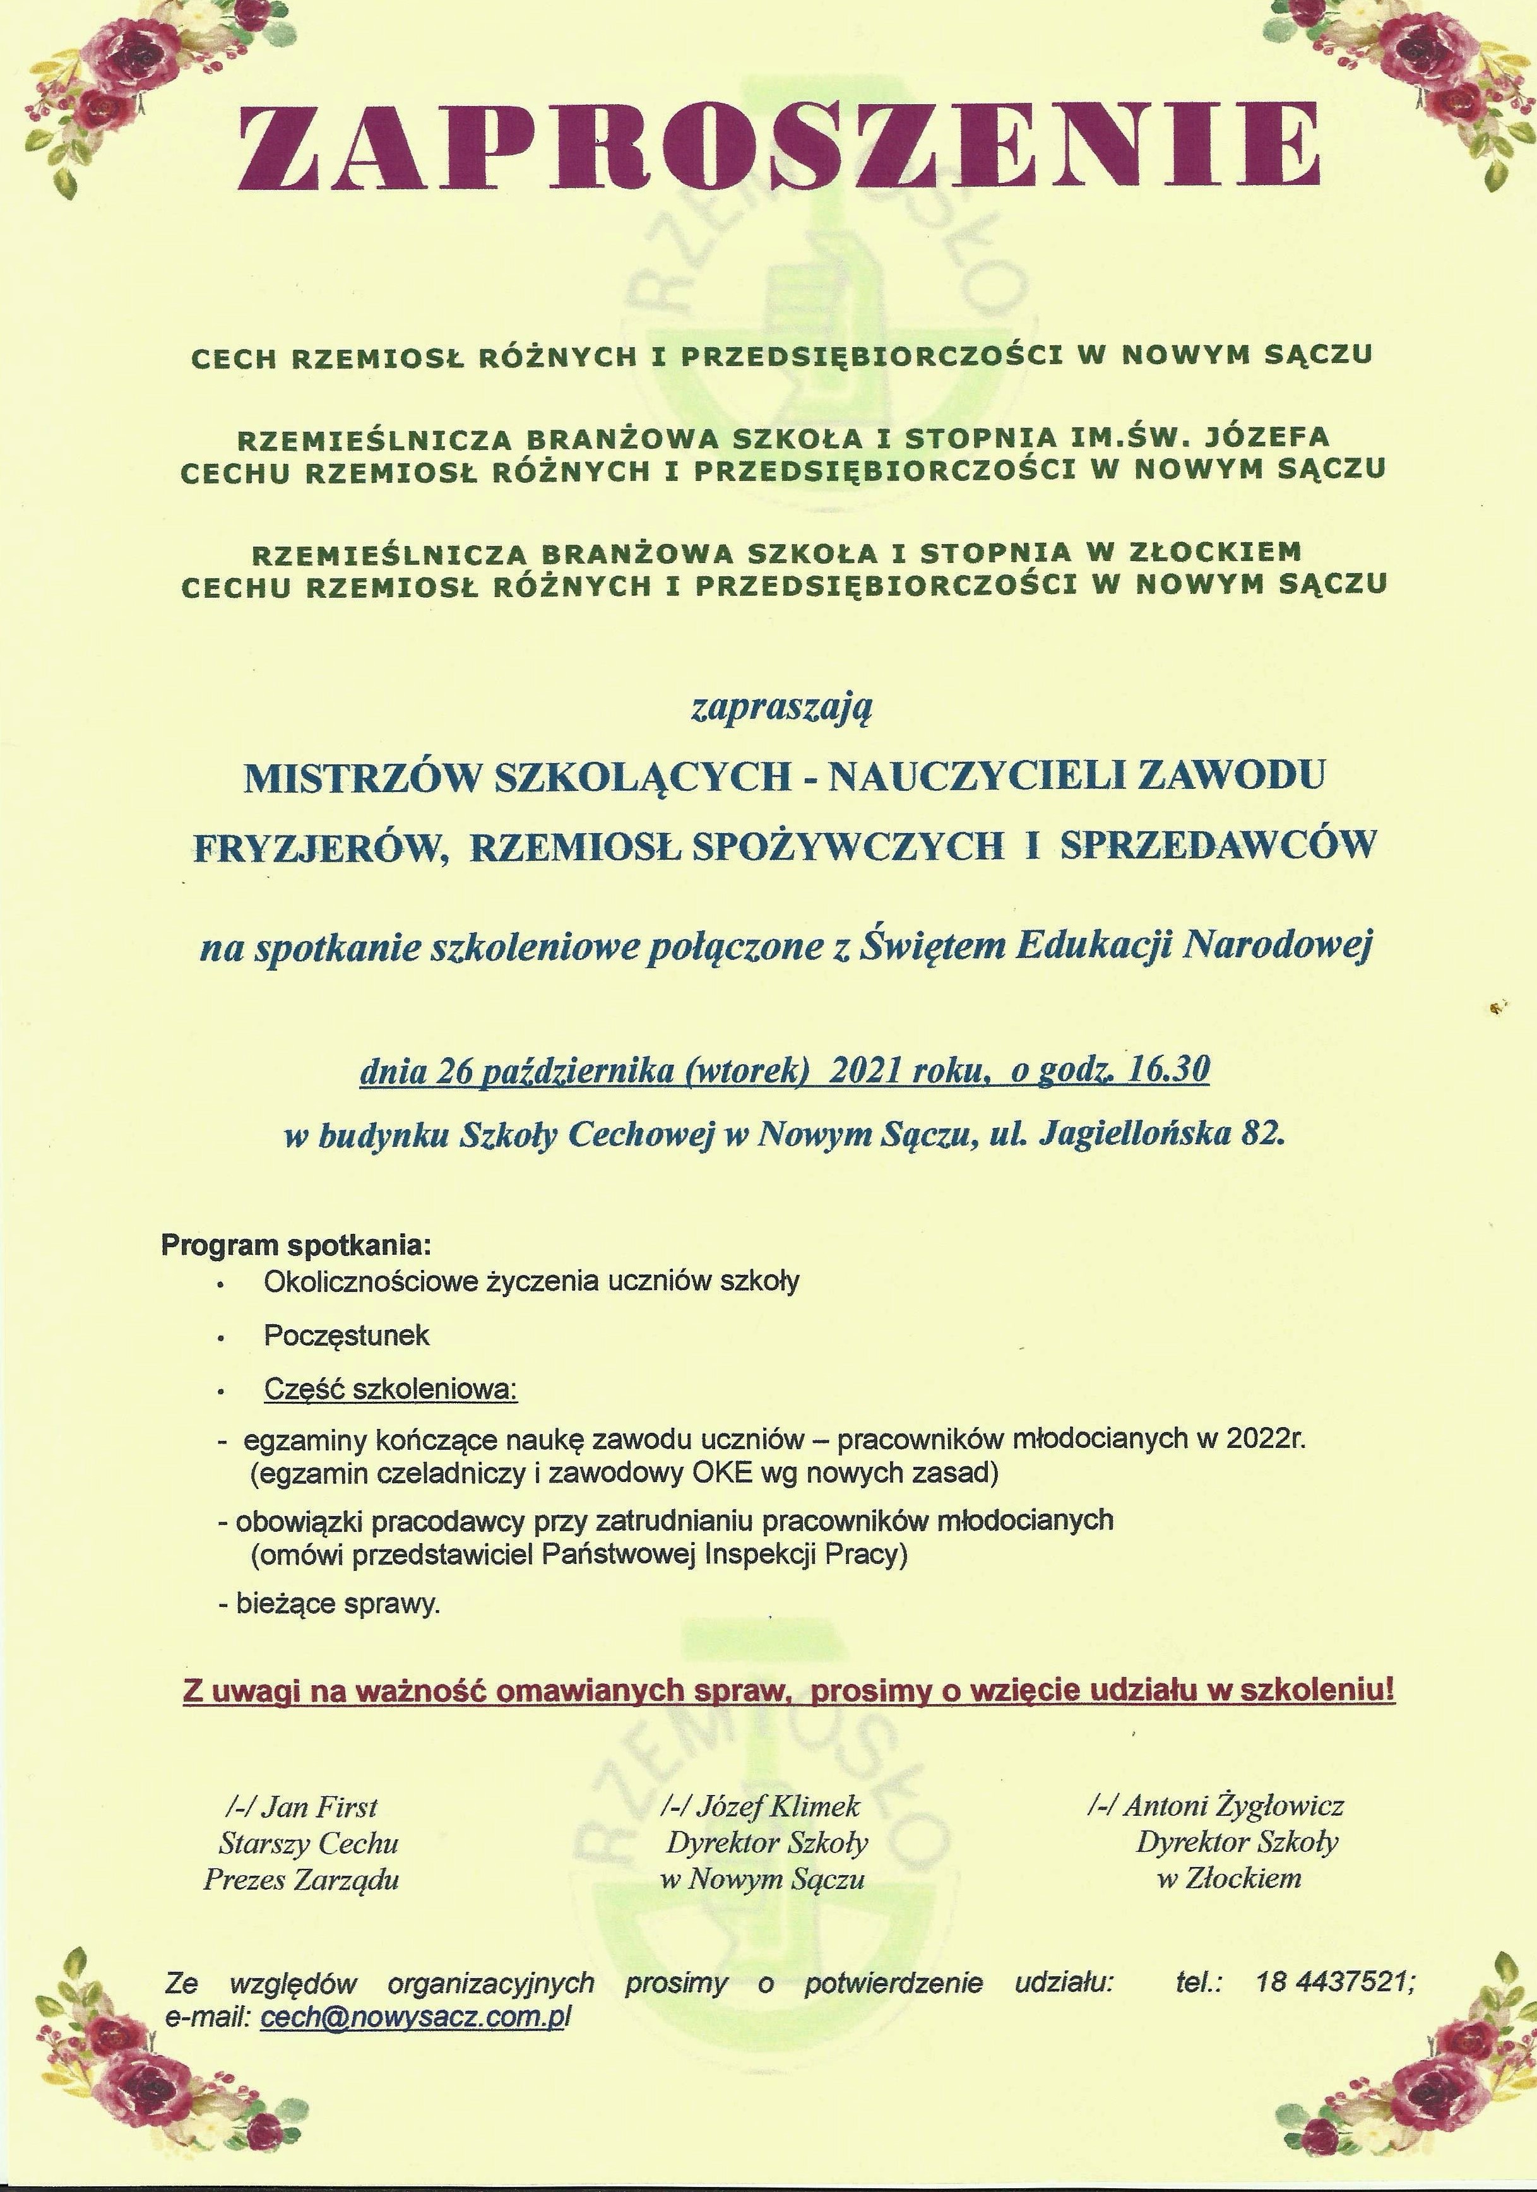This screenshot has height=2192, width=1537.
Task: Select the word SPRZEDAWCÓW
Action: click(1217, 844)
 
